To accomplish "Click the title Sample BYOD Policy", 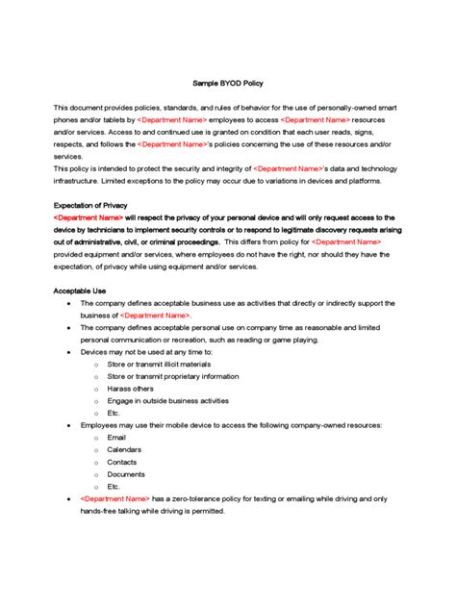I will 227,85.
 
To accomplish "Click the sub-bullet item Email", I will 116,437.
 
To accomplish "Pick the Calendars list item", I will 124,449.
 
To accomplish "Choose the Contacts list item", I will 122,462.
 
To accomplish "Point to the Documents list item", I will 126,474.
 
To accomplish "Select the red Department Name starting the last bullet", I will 114,499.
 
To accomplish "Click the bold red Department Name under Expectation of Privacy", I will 88,217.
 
